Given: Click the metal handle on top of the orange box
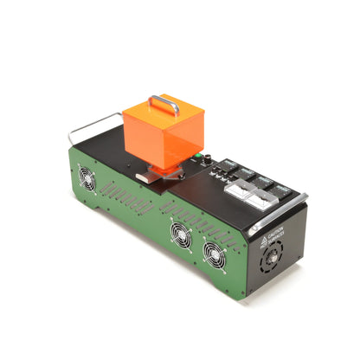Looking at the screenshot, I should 164,103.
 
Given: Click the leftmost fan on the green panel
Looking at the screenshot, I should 87,177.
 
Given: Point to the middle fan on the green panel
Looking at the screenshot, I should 181,232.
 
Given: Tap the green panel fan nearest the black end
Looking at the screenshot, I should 214,252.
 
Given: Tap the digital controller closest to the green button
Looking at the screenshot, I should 229,164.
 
